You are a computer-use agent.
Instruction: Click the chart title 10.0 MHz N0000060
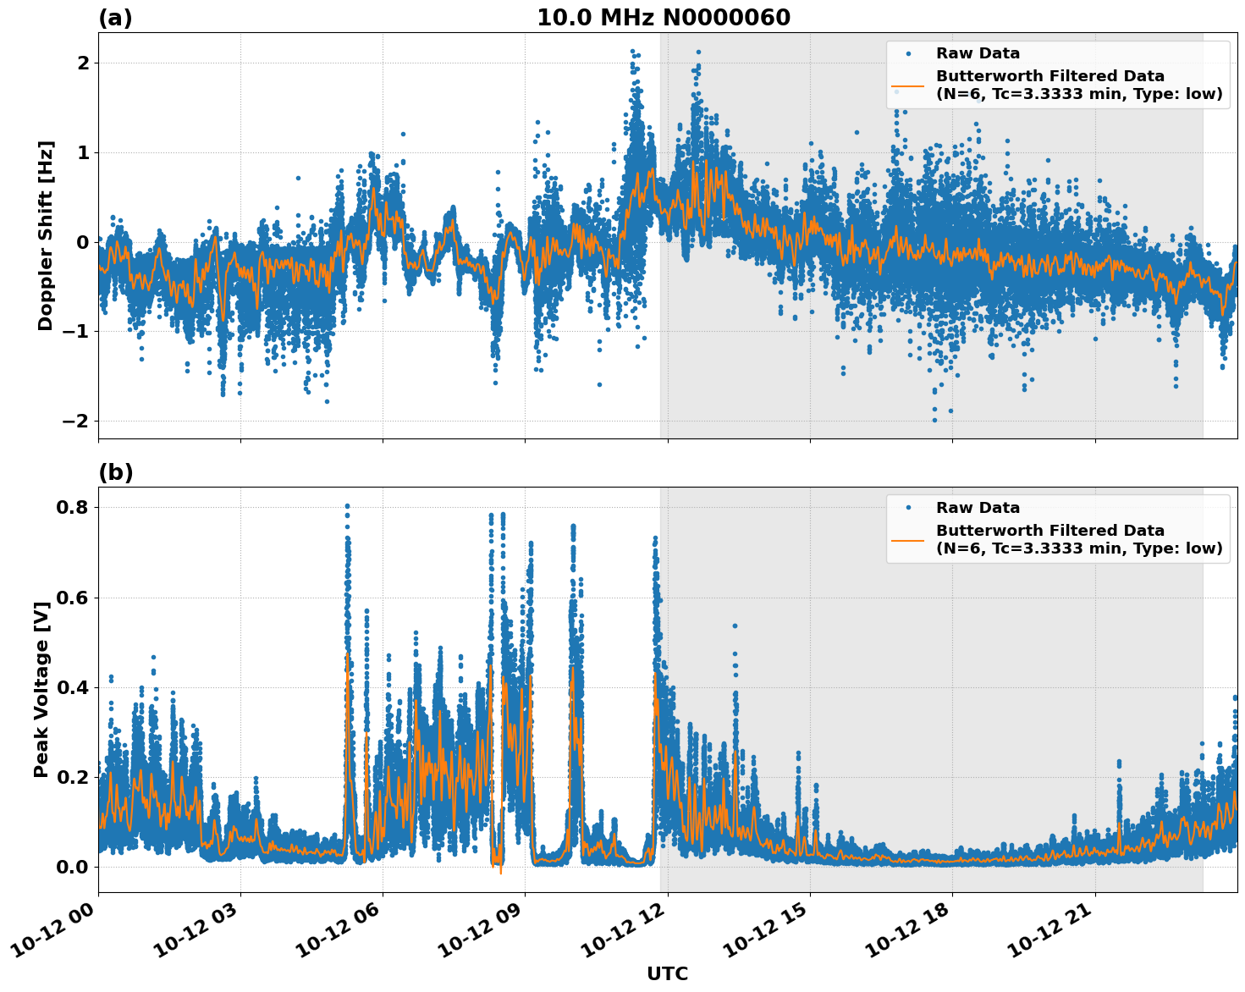pyautogui.click(x=664, y=18)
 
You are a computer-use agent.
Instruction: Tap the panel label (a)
pyautogui.click(x=115, y=18)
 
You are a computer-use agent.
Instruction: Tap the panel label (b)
pyautogui.click(x=115, y=472)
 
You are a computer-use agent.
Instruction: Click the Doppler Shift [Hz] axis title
pyautogui.click(x=46, y=235)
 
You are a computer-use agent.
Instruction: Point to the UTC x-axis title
pyautogui.click(x=667, y=973)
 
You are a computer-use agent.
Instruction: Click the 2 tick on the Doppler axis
pyautogui.click(x=83, y=63)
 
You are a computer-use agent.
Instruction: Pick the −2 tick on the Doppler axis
pyautogui.click(x=77, y=422)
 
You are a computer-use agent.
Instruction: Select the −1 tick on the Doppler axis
pyautogui.click(x=77, y=332)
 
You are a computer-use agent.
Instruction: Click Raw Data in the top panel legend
pyautogui.click(x=978, y=53)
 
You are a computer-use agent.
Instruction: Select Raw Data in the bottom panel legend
pyautogui.click(x=978, y=508)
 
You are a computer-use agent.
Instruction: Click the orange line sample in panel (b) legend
pyautogui.click(x=907, y=539)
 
